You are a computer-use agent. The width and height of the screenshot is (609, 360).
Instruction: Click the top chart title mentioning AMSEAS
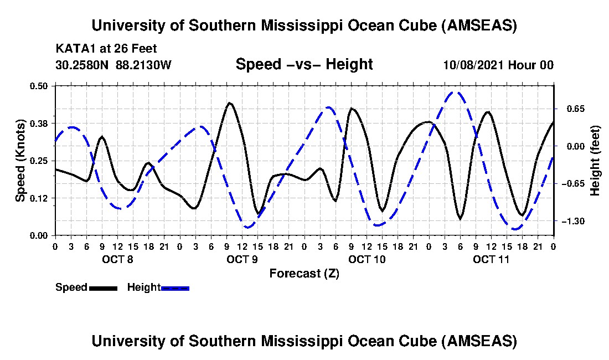(x=304, y=25)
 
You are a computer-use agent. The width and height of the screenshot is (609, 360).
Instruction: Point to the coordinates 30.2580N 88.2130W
(x=113, y=65)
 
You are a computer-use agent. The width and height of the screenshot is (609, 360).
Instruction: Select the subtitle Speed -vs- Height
(x=304, y=64)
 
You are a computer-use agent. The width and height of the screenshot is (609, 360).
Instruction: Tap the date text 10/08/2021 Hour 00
(x=498, y=65)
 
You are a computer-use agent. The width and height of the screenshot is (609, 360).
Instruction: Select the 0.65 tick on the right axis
(x=572, y=109)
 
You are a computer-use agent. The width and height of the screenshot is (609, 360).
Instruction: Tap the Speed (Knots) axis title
(x=20, y=160)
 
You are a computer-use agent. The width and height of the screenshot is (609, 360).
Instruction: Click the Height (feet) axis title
(x=596, y=160)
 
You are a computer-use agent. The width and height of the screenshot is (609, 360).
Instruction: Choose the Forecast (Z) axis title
(x=304, y=273)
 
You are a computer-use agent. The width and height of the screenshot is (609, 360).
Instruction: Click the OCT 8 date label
(x=117, y=259)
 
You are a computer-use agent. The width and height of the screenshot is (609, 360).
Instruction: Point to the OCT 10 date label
(x=367, y=259)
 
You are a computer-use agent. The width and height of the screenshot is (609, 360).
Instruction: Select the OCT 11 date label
(x=492, y=259)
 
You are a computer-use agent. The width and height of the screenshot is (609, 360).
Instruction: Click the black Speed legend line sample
(x=103, y=288)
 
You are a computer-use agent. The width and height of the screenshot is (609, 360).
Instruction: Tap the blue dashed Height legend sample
(x=176, y=288)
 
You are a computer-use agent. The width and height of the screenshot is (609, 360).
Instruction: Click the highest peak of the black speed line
(x=229, y=102)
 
